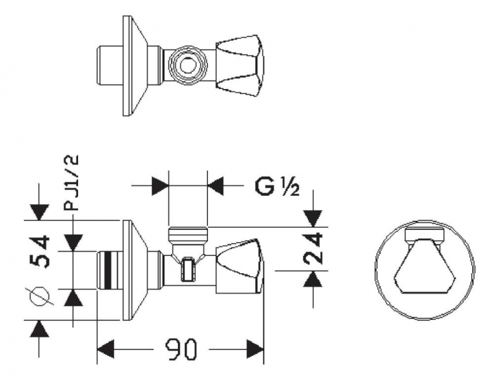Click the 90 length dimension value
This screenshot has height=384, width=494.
click(181, 349)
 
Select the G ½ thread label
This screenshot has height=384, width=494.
click(277, 187)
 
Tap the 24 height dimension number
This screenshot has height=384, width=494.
click(313, 248)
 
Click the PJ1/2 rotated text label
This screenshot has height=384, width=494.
click(70, 183)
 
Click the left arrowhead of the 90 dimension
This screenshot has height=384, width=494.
click(106, 349)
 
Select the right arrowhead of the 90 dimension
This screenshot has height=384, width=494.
click(255, 349)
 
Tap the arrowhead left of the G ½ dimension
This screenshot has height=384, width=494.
click(160, 186)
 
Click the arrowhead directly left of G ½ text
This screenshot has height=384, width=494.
click(216, 186)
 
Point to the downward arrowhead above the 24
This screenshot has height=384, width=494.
click(313, 219)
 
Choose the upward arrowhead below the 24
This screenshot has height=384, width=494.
click(313, 278)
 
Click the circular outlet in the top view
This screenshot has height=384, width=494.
click(188, 66)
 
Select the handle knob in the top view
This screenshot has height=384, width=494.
click(240, 66)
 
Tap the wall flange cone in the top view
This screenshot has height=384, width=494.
click(135, 66)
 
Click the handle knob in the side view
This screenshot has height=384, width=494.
click(239, 266)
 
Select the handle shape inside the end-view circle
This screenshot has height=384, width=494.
click(425, 266)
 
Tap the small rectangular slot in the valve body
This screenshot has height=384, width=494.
click(187, 269)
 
